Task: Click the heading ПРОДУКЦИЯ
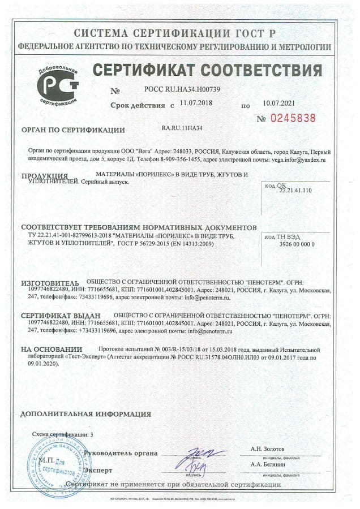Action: [x=45, y=176]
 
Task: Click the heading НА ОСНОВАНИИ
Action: [x=52, y=350]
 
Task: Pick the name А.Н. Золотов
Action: [x=268, y=448]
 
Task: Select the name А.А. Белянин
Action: [x=268, y=464]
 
